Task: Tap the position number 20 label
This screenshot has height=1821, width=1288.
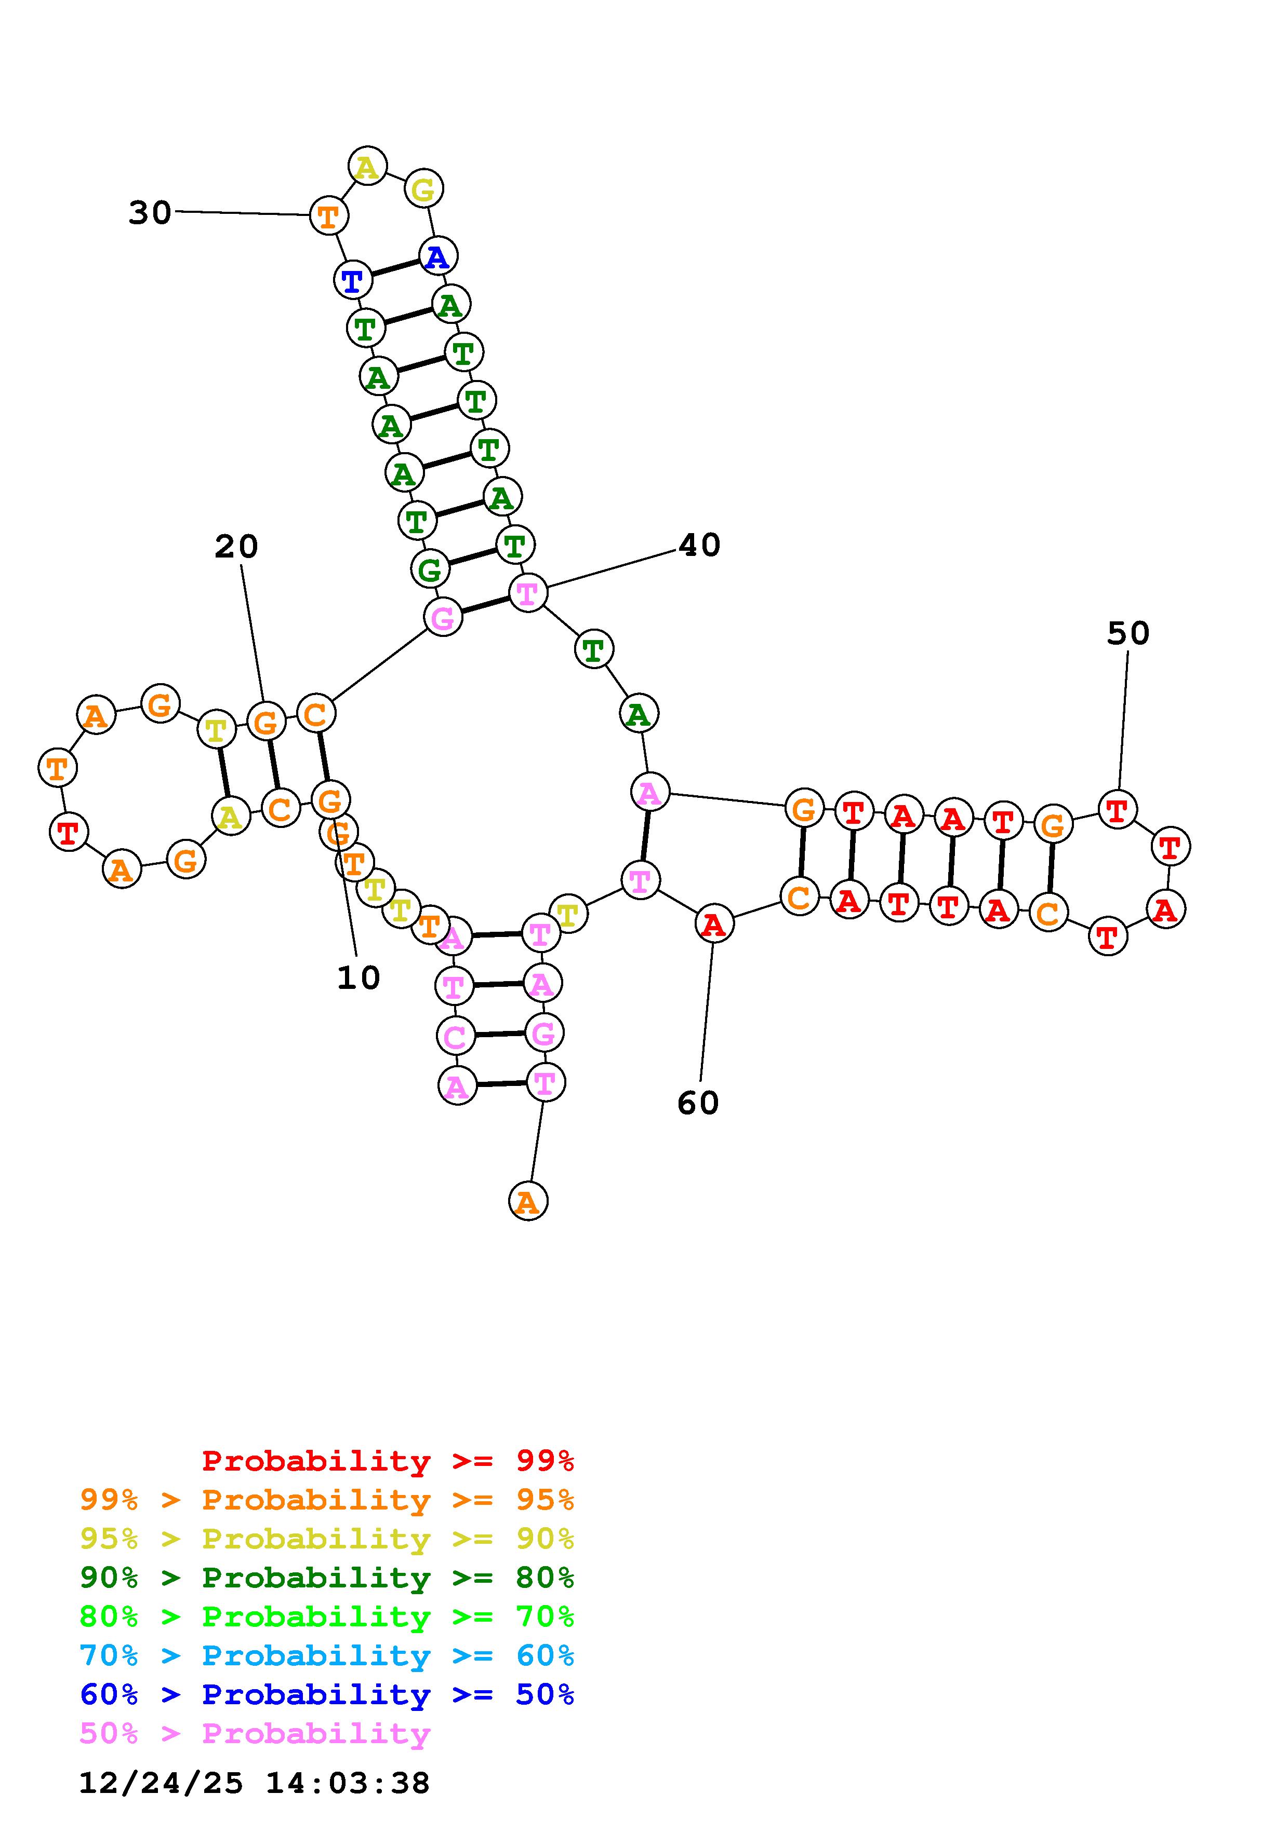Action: (x=236, y=547)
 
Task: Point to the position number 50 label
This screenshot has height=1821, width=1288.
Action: (x=1127, y=633)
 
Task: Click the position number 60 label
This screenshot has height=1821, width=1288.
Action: (x=698, y=1103)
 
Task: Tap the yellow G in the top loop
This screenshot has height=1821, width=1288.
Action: (x=424, y=189)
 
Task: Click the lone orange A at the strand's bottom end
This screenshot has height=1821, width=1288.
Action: (x=528, y=1202)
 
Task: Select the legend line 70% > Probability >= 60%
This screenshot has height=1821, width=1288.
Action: (x=327, y=1656)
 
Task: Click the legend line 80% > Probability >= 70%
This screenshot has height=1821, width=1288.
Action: (x=327, y=1616)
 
